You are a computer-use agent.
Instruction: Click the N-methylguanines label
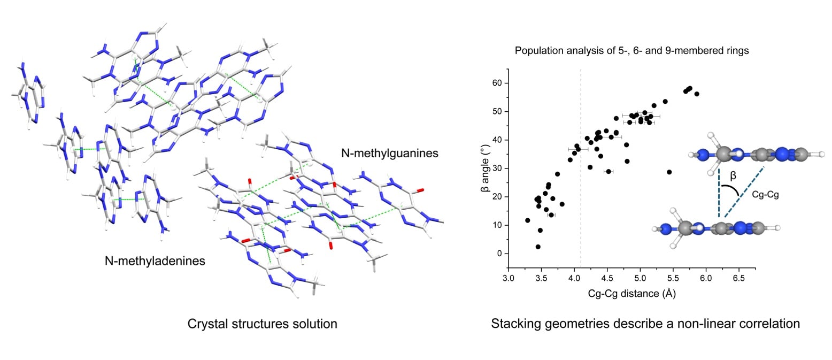(x=390, y=154)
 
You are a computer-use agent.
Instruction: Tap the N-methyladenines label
(x=155, y=261)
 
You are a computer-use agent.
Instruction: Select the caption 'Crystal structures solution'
(x=262, y=324)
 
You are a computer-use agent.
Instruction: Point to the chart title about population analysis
(x=631, y=51)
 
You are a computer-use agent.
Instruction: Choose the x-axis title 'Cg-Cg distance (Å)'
(x=631, y=294)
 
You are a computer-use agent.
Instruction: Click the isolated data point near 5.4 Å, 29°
(x=669, y=172)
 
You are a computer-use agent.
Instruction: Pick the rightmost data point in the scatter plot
(x=697, y=94)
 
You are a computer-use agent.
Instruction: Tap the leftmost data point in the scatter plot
(x=528, y=220)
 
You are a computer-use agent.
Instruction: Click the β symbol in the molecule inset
(x=733, y=175)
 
